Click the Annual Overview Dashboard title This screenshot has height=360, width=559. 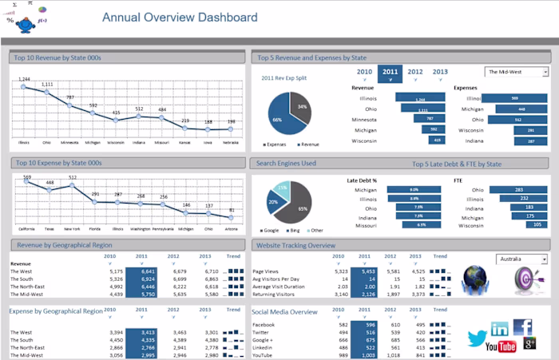(x=180, y=18)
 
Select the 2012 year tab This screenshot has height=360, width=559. (x=415, y=72)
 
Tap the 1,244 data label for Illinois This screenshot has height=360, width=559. (x=25, y=79)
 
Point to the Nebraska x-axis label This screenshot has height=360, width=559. (x=231, y=142)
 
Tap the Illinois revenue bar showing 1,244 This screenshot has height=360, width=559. (x=420, y=99)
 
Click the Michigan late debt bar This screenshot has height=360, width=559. (x=414, y=190)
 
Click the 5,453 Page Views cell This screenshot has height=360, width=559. (x=367, y=271)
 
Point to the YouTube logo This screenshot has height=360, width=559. (x=501, y=346)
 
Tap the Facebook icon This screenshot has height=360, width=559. (x=523, y=326)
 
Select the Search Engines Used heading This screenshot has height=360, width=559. (x=287, y=163)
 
